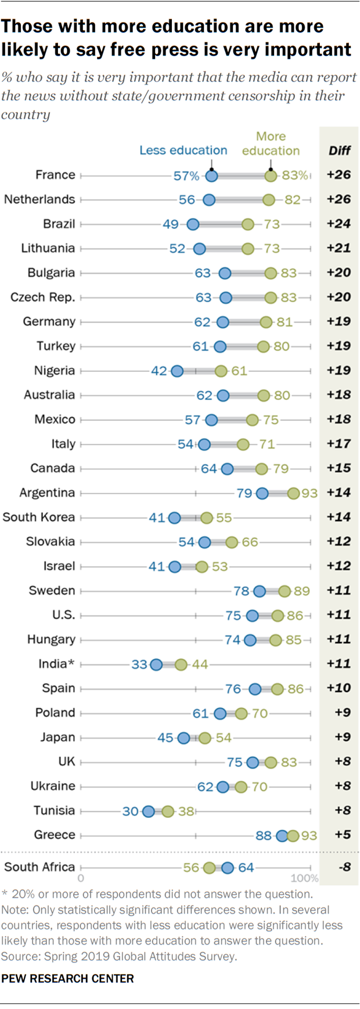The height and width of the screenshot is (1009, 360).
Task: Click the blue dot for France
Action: pos(212,175)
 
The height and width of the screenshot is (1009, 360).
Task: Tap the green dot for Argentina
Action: pos(294,493)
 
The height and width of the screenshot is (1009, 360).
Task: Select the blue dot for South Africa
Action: pos(228,868)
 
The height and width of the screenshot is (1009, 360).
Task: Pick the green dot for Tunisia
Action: pos(168,811)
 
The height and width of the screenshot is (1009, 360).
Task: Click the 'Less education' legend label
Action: pos(183,150)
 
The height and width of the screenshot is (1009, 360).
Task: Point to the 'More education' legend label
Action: pos(271,143)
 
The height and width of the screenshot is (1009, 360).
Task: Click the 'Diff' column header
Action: pos(339,150)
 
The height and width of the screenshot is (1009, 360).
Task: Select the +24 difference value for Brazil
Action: pos(339,224)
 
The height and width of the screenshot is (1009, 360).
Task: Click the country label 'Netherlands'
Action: pos(39,199)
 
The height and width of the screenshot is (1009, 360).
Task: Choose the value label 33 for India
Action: pos(139,664)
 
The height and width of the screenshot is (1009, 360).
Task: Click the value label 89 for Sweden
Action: pos(301,591)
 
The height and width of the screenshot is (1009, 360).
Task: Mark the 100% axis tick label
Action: pos(304,878)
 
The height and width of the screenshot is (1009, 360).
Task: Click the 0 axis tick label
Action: pos(81,878)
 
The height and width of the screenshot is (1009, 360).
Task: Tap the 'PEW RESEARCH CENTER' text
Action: pos(67,979)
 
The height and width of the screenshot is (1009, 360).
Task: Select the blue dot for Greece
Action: pos(283,836)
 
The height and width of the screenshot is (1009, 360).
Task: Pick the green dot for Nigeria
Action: pos(221,371)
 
